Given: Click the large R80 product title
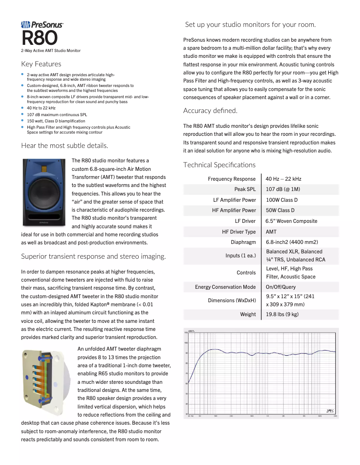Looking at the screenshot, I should [40, 39].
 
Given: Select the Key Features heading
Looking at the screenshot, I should [41, 64].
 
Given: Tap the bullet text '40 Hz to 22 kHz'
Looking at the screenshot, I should [41, 108].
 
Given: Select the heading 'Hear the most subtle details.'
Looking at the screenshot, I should [64, 145].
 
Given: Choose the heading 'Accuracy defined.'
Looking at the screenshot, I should [210, 111].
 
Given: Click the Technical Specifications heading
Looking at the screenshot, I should [219, 165].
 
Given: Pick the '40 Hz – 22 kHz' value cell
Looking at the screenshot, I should [283, 179].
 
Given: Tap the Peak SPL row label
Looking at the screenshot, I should [245, 189].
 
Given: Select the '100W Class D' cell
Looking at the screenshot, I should [281, 200].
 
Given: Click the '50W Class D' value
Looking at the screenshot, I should [280, 210].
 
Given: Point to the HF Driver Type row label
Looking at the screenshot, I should [239, 232].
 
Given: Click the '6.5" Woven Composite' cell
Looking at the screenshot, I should [291, 221].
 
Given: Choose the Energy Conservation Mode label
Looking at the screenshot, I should [225, 287].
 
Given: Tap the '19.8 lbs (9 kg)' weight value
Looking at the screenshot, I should [282, 314].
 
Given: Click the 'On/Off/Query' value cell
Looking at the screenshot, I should [281, 287].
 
